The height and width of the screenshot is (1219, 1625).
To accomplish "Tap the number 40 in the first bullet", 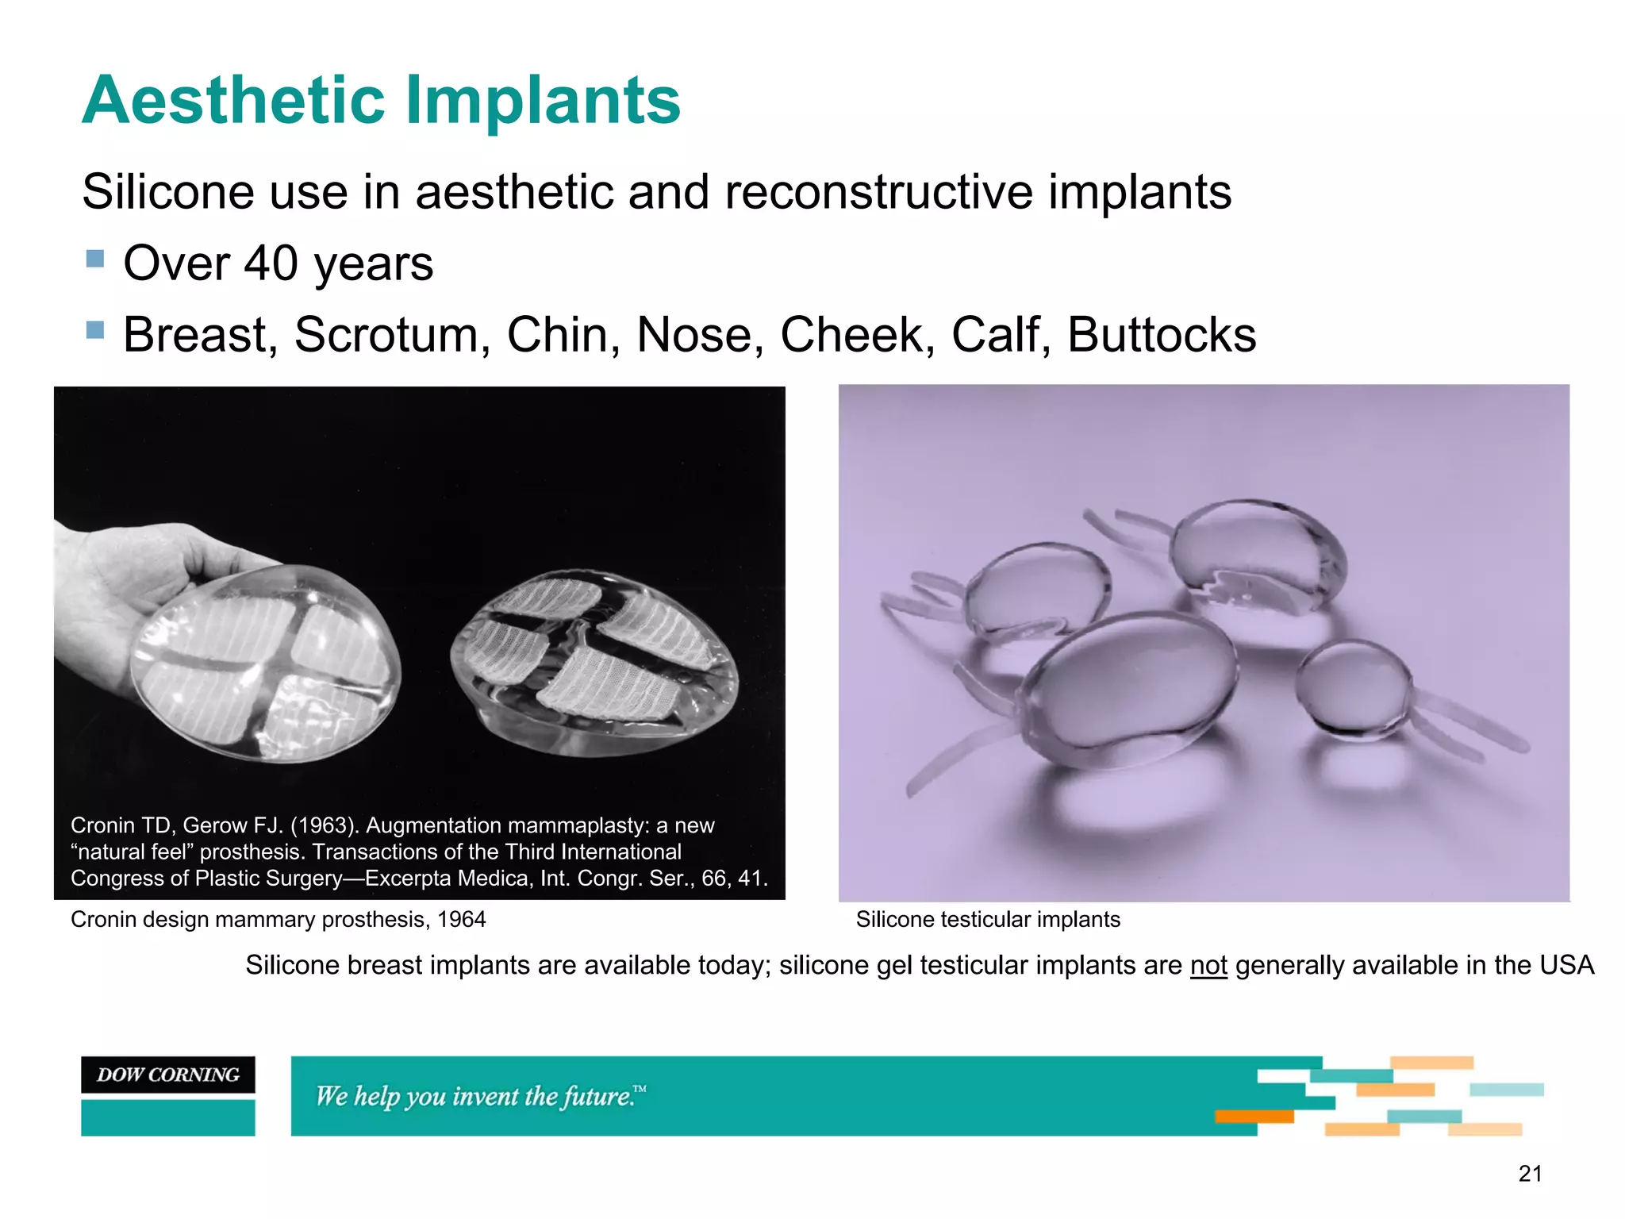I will [x=271, y=263].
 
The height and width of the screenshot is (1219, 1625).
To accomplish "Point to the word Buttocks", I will [x=1161, y=335].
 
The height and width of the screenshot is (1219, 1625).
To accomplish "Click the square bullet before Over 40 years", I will [x=95, y=259].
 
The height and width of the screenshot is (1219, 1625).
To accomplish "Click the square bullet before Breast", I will [x=95, y=329].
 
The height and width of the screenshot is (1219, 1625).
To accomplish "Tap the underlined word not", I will [x=1208, y=966].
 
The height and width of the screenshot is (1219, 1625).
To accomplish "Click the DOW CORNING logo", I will [x=168, y=1075].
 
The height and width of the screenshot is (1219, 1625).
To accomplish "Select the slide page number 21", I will [x=1530, y=1174].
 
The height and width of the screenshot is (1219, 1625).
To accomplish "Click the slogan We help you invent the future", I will [x=479, y=1096].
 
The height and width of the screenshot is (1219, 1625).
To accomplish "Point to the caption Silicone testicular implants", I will [x=988, y=920].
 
